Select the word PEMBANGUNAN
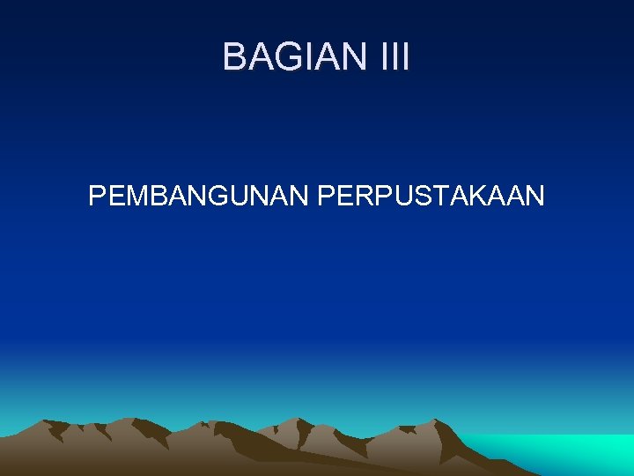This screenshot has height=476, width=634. coord(199,196)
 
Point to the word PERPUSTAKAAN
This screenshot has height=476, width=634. coord(431,196)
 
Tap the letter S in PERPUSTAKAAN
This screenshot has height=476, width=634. coord(413,196)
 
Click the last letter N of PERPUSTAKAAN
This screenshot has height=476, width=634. coord(534,196)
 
